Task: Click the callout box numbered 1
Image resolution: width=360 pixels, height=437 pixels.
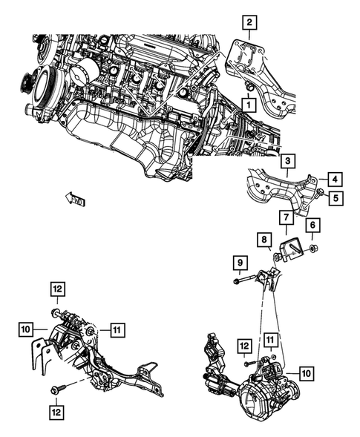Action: click(x=244, y=106)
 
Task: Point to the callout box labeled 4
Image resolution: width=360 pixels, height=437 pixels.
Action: click(x=336, y=179)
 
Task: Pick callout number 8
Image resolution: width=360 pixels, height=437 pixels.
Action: click(x=264, y=239)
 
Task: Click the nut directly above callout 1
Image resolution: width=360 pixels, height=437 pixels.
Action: click(x=249, y=88)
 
